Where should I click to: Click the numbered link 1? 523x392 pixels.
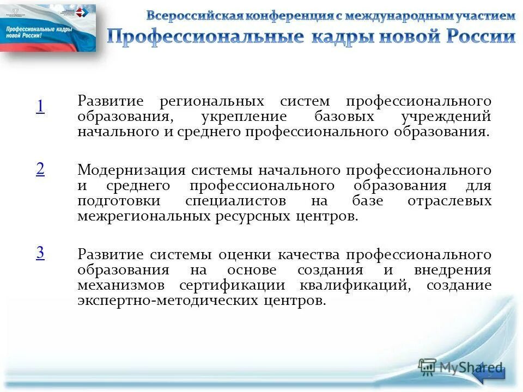click(40, 107)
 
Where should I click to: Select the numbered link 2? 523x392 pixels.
click(40, 169)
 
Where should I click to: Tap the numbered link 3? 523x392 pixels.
click(40, 253)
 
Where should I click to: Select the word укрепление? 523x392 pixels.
click(236, 117)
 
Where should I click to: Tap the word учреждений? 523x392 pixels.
click(446, 117)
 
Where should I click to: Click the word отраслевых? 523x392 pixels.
click(449, 201)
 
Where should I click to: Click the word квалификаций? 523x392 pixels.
click(354, 285)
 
